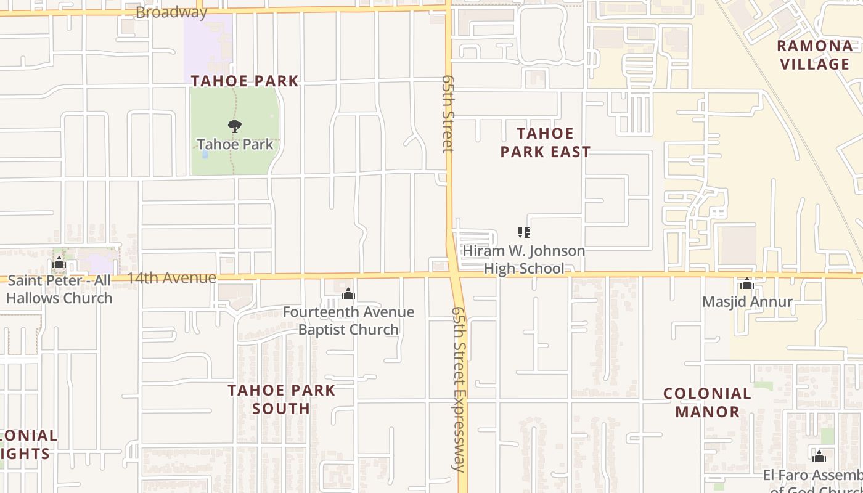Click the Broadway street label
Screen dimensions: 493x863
pyautogui.click(x=171, y=12)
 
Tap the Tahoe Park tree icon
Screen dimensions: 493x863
pyautogui.click(x=234, y=126)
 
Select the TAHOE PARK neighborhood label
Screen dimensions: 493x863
pyautogui.click(x=245, y=81)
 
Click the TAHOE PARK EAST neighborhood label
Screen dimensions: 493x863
pyautogui.click(x=546, y=142)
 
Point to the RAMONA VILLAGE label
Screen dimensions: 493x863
pyautogui.click(x=815, y=55)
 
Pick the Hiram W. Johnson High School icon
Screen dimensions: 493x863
pyautogui.click(x=524, y=232)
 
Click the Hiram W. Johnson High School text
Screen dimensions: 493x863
pyautogui.click(x=524, y=259)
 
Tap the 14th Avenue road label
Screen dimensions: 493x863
pyautogui.click(x=171, y=278)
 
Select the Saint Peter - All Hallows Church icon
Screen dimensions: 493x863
pyautogui.click(x=59, y=263)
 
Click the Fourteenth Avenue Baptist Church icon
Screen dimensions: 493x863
pyautogui.click(x=348, y=294)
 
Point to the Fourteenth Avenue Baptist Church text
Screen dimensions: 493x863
pyautogui.click(x=348, y=320)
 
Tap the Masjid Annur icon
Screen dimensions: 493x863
pyautogui.click(x=747, y=283)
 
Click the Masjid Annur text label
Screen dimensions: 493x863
pyautogui.click(x=747, y=302)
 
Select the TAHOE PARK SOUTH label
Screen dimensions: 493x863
pyautogui.click(x=282, y=399)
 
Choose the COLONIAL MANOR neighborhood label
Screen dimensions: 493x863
pyautogui.click(x=707, y=402)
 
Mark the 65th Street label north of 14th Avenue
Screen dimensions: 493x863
pyautogui.click(x=448, y=114)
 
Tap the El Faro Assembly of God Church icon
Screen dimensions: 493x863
pyautogui.click(x=819, y=457)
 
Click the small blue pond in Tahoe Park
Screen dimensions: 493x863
pyautogui.click(x=205, y=154)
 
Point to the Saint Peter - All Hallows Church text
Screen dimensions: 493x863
pyautogui.click(x=59, y=290)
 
